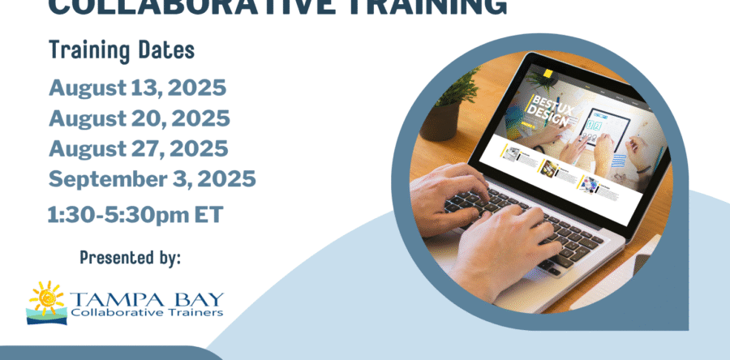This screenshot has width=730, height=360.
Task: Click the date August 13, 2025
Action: (137, 88)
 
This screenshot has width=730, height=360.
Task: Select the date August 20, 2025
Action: (139, 118)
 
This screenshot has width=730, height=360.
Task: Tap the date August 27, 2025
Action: (138, 149)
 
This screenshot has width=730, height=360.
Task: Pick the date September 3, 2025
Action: (152, 179)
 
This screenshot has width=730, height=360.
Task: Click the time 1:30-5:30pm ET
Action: (134, 215)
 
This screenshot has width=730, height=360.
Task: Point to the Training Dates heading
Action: (121, 50)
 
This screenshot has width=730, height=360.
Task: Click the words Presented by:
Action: (130, 258)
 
